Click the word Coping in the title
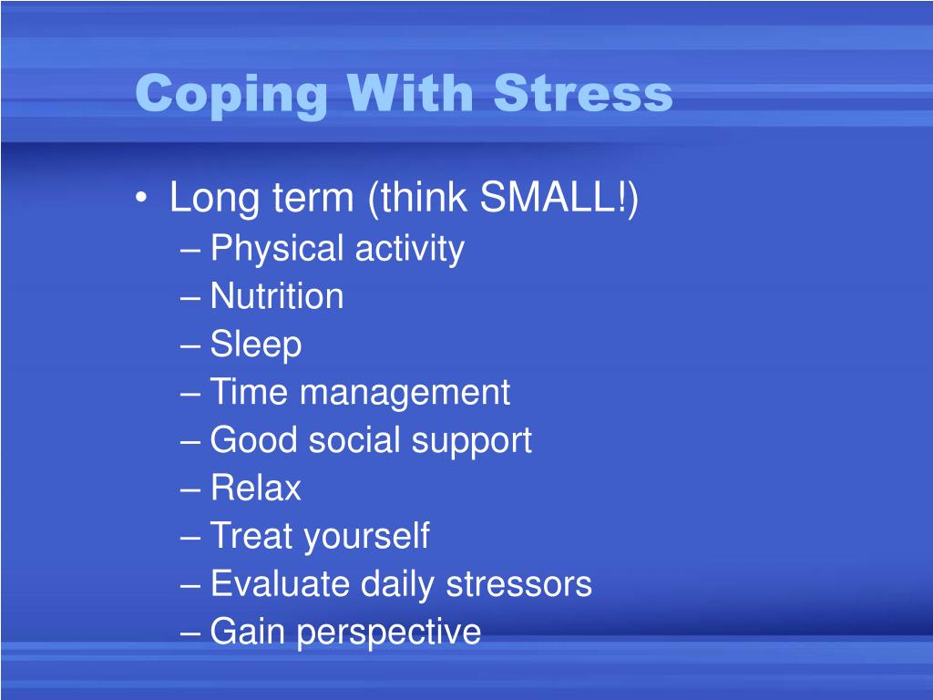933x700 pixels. click(x=231, y=95)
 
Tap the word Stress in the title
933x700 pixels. click(x=583, y=93)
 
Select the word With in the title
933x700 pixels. click(x=411, y=92)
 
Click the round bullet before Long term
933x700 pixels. click(x=140, y=197)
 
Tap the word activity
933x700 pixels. click(x=410, y=249)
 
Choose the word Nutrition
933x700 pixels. click(x=277, y=296)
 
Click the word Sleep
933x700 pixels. click(x=256, y=345)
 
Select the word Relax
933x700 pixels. click(x=256, y=489)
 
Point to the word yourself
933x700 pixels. click(x=366, y=537)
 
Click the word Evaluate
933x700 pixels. click(x=280, y=583)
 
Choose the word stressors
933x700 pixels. click(x=518, y=584)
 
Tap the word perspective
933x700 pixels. click(x=388, y=633)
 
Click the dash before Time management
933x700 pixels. click(x=190, y=394)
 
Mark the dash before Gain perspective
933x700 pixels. click(x=190, y=633)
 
